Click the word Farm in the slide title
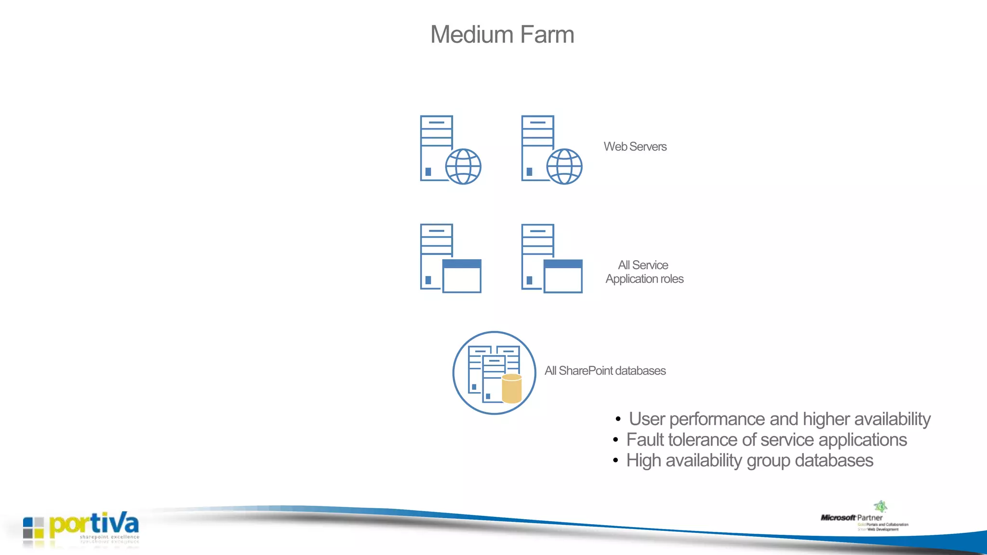[547, 35]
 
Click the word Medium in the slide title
[471, 35]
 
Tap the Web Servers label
[635, 146]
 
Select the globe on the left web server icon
[463, 167]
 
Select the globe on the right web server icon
[564, 167]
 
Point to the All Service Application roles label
[644, 272]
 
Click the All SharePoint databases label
[605, 370]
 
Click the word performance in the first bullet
[717, 419]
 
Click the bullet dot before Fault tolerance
[615, 440]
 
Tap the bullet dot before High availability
[615, 461]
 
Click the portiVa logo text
[94, 524]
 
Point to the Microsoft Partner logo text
[852, 518]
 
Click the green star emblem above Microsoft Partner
[880, 506]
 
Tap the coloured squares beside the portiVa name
[33, 528]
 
